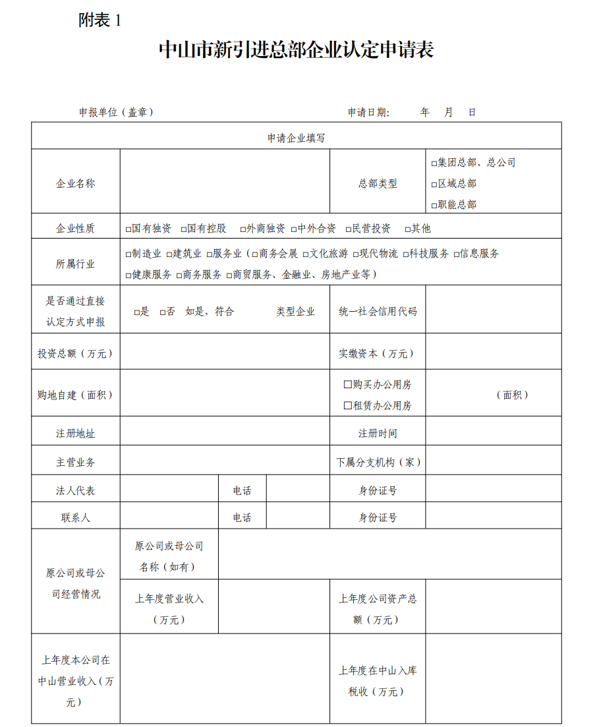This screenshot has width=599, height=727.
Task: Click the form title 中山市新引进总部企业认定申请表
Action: tap(296, 50)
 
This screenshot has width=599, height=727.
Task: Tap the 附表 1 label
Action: tap(100, 20)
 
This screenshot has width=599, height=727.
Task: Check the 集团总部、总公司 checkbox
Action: tap(434, 163)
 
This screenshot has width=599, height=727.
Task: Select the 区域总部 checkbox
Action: tap(434, 184)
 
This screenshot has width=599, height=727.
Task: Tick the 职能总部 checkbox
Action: tap(434, 205)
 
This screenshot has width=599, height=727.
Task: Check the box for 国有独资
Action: tap(128, 229)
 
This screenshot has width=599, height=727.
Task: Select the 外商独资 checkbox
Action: tap(242, 229)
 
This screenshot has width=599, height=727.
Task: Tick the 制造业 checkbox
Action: tap(128, 254)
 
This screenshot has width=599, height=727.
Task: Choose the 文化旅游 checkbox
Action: tap(306, 254)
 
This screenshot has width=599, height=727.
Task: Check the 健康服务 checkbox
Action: tap(128, 275)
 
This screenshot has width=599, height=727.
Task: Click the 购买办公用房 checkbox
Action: tap(347, 384)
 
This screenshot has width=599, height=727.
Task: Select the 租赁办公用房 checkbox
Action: tap(347, 405)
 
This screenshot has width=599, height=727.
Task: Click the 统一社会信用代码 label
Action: tap(378, 311)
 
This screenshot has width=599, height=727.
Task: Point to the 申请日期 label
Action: tap(368, 112)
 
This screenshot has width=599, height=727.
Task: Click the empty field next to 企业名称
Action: tap(224, 182)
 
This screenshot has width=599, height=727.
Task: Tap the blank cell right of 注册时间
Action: tap(493, 433)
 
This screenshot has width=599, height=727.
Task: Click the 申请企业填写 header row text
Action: tap(296, 138)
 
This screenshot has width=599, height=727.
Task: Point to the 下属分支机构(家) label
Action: tap(378, 462)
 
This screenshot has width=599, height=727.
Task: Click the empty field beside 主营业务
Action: tap(224, 462)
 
